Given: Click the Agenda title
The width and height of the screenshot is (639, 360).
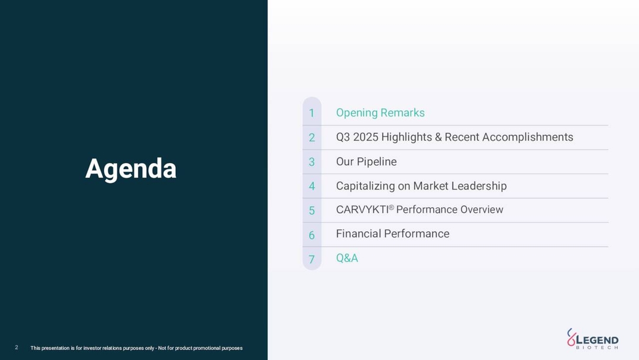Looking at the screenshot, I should [x=131, y=169].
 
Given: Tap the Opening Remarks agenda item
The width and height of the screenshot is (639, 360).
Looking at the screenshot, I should [x=380, y=112].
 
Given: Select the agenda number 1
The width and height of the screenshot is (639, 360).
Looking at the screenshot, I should [x=312, y=113].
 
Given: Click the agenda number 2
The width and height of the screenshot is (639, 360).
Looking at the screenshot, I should [x=312, y=137].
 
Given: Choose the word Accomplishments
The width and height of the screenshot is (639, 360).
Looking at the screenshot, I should [x=527, y=137].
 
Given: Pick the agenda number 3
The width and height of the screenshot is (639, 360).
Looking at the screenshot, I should [x=312, y=162].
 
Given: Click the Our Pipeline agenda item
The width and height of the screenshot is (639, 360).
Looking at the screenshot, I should [x=366, y=162].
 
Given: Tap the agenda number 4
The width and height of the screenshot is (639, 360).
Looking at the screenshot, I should [x=312, y=186].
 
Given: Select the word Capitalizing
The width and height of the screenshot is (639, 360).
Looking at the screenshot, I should [x=365, y=186].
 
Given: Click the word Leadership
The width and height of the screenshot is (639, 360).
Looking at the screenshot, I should [x=479, y=186].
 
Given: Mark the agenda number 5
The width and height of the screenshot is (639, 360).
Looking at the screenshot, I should [x=312, y=210].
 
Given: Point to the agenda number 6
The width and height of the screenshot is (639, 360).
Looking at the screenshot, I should [x=312, y=235].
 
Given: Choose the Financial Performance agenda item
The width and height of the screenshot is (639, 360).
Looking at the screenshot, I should [x=392, y=234].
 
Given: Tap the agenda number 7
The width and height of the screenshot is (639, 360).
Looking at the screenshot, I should [x=312, y=259].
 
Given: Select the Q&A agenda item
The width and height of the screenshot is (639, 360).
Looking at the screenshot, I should [x=347, y=258].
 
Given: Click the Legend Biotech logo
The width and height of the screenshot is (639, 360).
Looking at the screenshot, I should [x=592, y=339].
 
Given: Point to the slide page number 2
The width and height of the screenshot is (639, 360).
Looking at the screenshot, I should [x=17, y=348].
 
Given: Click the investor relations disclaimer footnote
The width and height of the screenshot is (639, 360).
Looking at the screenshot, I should [x=136, y=348].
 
